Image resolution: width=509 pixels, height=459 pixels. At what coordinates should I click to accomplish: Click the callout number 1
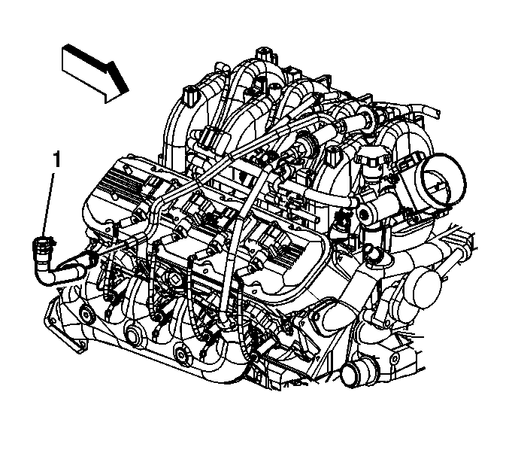(x=57, y=160)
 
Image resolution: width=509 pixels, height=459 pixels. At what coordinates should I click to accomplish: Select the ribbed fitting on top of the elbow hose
(x=41, y=248)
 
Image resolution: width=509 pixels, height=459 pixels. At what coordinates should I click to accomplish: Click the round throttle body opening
(x=444, y=179)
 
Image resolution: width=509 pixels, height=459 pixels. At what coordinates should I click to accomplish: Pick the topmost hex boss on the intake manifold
(x=266, y=55)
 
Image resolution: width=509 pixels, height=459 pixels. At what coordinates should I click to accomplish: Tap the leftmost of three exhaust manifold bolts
(x=86, y=315)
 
